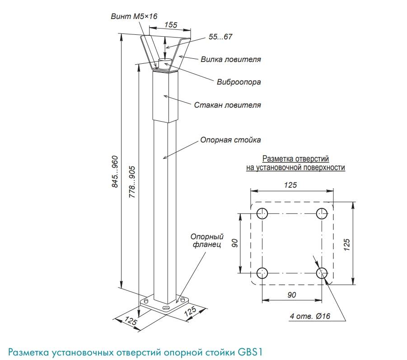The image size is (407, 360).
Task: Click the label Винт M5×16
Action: tap(134, 16)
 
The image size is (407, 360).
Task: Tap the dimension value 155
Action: tap(171, 25)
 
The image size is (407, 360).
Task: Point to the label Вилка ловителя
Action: tap(230, 59)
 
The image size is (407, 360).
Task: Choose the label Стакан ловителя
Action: tap(227, 105)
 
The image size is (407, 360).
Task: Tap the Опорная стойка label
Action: tap(230, 140)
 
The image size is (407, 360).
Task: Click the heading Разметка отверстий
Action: tap(295, 159)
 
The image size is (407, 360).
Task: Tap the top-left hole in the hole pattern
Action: tap(262, 213)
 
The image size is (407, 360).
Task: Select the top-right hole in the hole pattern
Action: tap(322, 213)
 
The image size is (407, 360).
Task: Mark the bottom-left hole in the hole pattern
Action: tap(262, 273)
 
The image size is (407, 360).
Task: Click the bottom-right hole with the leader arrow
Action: tap(322, 273)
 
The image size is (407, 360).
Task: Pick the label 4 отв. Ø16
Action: tap(310, 316)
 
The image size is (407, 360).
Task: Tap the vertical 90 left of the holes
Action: tap(235, 243)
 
